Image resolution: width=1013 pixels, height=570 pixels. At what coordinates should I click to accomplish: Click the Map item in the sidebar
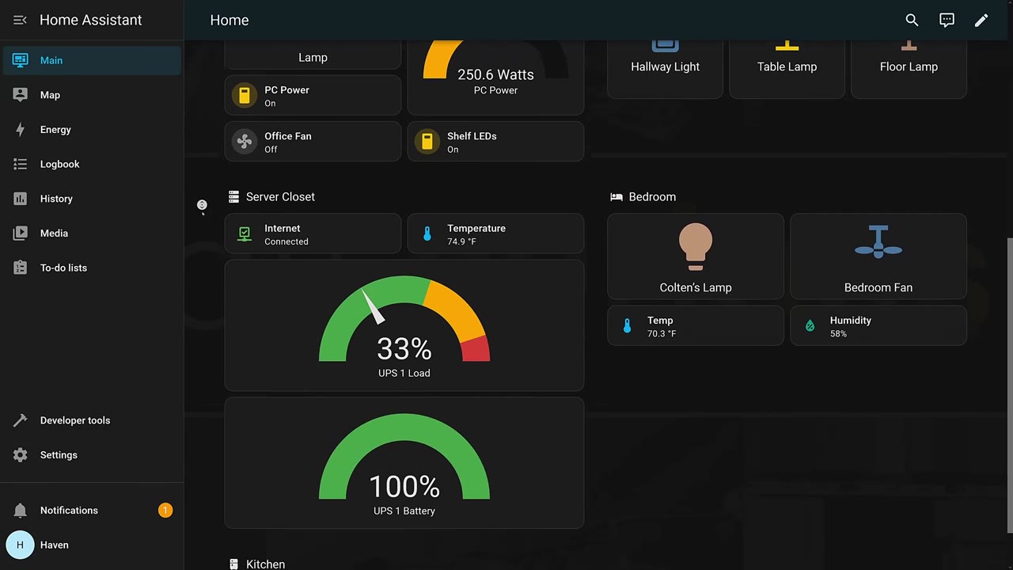(x=50, y=95)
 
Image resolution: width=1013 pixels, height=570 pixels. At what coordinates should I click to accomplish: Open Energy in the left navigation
(x=55, y=130)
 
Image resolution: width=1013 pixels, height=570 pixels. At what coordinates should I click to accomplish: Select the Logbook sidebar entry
(x=59, y=164)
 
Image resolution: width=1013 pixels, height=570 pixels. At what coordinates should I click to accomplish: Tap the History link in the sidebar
(x=56, y=199)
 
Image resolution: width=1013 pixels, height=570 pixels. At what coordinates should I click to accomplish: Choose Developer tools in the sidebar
(x=74, y=420)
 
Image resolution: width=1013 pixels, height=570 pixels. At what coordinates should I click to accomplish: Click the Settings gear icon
(x=20, y=454)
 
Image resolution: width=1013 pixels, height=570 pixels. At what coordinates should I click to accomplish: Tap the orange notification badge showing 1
(x=165, y=511)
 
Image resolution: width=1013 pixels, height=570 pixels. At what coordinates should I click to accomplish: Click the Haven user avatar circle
(x=20, y=545)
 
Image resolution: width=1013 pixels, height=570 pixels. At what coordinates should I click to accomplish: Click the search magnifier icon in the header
(x=912, y=20)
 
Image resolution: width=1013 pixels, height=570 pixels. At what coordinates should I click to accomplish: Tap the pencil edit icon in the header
(x=981, y=20)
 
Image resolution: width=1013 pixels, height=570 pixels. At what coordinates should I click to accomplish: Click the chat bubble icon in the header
(x=947, y=20)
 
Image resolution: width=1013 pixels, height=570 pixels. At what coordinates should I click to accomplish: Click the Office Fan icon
(x=245, y=142)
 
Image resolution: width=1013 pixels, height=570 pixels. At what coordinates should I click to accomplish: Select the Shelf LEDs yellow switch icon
(x=427, y=142)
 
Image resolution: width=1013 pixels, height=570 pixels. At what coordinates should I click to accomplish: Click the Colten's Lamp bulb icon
(x=696, y=246)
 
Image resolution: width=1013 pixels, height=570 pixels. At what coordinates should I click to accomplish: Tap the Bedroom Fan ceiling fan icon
(x=878, y=242)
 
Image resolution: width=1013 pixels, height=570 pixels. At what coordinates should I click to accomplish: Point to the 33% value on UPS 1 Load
(x=404, y=349)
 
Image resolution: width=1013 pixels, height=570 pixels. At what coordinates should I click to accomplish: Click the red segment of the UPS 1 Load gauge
(x=476, y=349)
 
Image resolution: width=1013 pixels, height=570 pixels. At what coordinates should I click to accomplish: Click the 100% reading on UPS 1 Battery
(x=404, y=487)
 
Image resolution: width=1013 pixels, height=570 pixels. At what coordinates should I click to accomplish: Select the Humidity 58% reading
(x=838, y=334)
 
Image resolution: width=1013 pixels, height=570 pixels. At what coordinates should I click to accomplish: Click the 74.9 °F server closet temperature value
(x=461, y=241)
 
